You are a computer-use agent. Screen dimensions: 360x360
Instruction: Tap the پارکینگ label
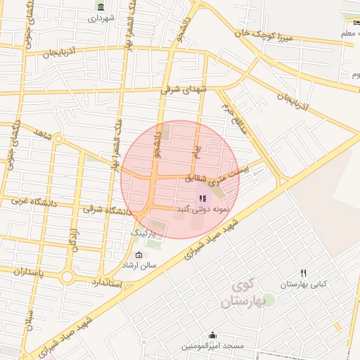(x=145, y=231)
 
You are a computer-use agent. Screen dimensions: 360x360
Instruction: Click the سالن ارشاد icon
(x=138, y=255)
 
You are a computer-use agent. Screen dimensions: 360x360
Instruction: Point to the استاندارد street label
(x=107, y=283)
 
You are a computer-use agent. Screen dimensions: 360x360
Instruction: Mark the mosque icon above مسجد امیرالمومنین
(x=212, y=335)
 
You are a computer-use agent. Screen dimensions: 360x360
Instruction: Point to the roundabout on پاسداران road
(x=67, y=277)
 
